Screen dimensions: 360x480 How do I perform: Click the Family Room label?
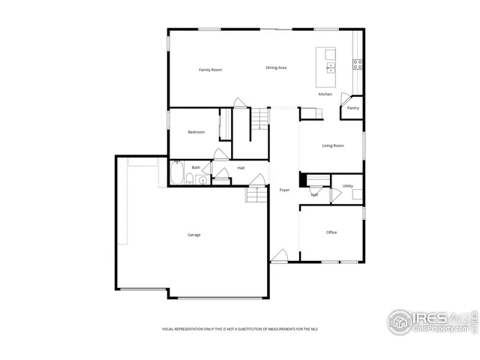point(210,70)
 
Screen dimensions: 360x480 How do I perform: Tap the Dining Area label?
point(276,68)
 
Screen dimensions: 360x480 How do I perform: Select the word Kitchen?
point(325,94)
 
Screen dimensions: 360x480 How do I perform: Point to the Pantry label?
point(352,108)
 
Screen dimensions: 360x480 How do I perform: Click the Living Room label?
point(332,145)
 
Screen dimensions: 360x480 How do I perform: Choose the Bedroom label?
point(196,132)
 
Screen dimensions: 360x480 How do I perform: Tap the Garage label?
point(193,235)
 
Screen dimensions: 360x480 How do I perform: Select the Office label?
point(331,232)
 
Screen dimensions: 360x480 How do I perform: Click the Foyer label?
point(284,190)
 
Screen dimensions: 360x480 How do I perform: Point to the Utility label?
point(347,186)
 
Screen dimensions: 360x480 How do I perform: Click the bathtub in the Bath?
point(177,174)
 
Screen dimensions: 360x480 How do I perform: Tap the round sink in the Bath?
point(203,180)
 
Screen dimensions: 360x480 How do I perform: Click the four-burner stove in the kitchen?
point(358,64)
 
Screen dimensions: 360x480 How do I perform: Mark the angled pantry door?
point(346,97)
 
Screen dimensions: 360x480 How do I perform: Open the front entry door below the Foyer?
point(279,256)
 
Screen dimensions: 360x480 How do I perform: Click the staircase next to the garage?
point(257,195)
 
